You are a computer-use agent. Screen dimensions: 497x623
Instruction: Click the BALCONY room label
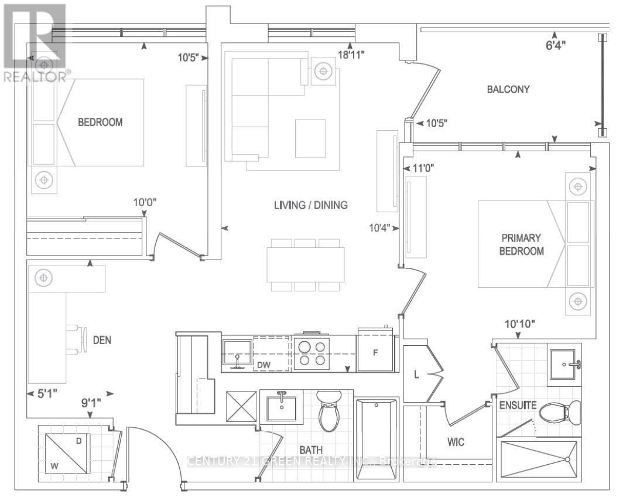coord(508,90)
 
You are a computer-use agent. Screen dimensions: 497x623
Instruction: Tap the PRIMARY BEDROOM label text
coord(522,245)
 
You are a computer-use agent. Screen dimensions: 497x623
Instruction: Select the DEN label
coord(102,339)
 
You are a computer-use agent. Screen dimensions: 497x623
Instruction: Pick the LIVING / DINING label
coord(310,205)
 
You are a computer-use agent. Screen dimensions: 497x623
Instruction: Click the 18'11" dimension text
coord(352,55)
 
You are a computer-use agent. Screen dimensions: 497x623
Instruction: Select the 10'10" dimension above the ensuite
coord(520,324)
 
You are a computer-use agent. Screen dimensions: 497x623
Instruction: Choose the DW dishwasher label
coord(265,365)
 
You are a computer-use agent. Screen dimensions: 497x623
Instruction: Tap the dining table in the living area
coord(305,265)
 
